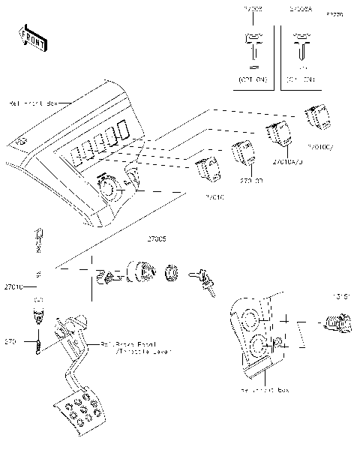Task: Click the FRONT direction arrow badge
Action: tap(31, 38)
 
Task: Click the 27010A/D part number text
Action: tap(285, 162)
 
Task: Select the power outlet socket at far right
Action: tap(334, 323)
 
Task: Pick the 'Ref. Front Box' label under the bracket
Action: tap(265, 391)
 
